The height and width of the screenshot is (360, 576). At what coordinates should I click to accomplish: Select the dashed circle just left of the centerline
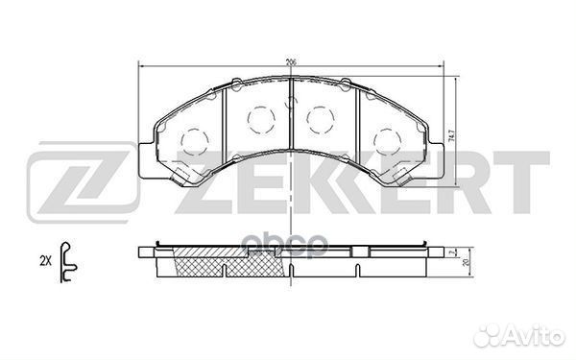[x=260, y=118]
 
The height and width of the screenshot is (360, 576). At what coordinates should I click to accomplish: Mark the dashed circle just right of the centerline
[x=319, y=118]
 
